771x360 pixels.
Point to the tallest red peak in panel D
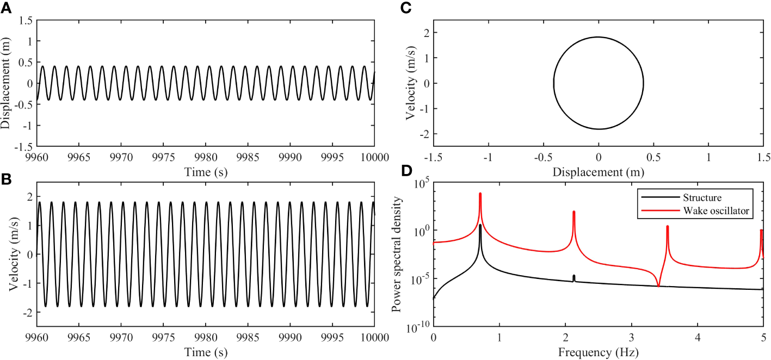(480, 194)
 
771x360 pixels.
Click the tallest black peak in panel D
(480, 225)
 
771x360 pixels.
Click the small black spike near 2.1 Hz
(573, 277)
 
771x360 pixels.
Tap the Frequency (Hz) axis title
(599, 352)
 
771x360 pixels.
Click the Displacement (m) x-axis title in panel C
(599, 172)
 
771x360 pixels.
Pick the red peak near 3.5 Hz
(667, 227)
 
